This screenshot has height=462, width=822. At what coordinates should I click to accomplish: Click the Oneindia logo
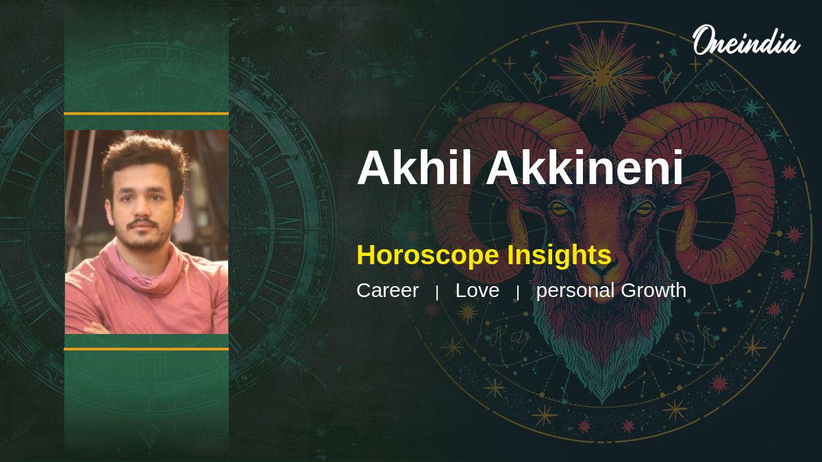[746, 40]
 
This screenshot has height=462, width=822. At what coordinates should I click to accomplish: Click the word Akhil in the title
[414, 168]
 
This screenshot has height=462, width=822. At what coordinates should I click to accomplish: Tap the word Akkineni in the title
[584, 168]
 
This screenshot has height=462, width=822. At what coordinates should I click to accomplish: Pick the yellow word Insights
[559, 255]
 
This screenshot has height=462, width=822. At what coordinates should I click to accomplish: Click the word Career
[388, 291]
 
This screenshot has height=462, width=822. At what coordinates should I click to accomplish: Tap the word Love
[477, 291]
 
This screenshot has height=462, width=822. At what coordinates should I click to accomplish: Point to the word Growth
[653, 290]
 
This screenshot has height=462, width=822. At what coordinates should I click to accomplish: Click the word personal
[575, 292]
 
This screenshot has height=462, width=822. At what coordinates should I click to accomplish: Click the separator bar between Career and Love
[437, 293]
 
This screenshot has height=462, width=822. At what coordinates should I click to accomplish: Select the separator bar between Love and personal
[518, 293]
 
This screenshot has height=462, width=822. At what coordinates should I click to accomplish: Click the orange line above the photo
[147, 114]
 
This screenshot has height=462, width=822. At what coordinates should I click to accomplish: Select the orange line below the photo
[147, 349]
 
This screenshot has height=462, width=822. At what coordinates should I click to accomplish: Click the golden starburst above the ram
[602, 76]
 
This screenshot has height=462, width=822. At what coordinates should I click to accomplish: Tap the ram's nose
[602, 270]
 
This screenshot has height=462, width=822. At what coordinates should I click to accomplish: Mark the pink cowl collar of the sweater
[143, 271]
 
